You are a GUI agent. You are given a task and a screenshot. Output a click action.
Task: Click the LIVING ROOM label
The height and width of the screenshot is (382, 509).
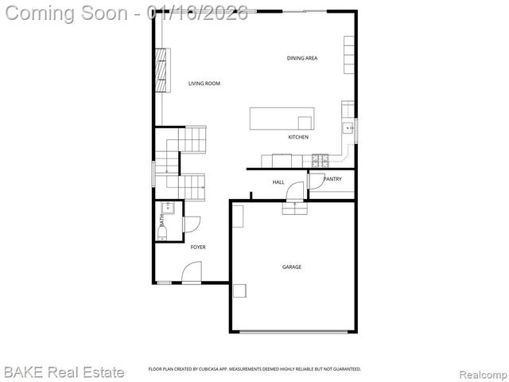204,84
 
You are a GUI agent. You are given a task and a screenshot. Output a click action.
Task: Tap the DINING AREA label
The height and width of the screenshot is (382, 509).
302,58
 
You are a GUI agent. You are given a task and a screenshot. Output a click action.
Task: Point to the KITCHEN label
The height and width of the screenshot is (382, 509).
298,138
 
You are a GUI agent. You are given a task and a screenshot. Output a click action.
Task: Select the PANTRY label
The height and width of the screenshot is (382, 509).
332,179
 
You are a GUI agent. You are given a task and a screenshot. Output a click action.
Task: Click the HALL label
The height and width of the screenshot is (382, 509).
278,182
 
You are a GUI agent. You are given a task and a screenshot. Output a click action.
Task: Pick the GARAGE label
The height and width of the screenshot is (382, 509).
292,267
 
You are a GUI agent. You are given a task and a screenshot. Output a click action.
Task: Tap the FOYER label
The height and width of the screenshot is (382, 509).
198,248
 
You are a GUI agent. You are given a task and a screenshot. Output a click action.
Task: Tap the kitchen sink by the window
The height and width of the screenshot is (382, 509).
348,127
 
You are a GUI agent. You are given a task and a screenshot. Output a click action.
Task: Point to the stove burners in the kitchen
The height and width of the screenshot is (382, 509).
321,159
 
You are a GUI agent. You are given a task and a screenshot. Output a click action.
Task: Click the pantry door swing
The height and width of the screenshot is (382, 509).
296,190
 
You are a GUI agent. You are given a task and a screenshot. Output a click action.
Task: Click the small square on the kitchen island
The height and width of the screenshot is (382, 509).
305,122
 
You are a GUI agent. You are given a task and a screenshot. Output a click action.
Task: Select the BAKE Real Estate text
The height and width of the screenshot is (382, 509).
64,372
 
